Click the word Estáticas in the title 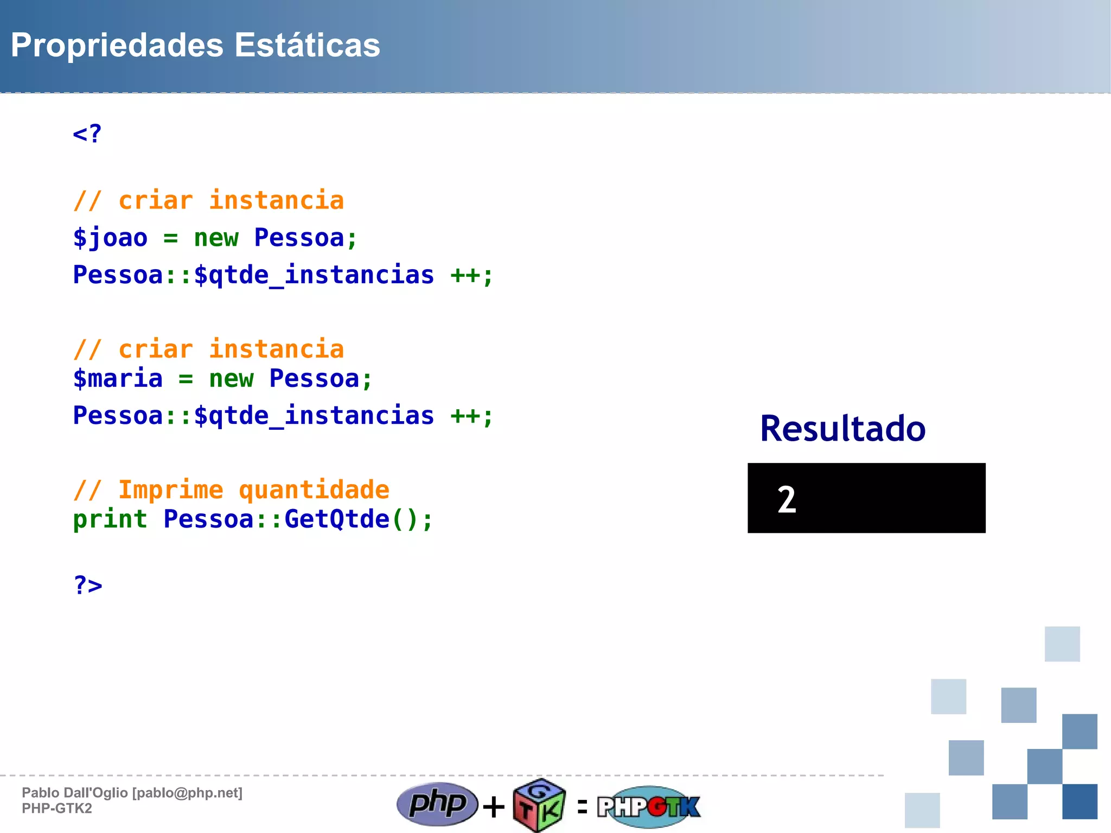tap(307, 45)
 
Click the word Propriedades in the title tap(117, 45)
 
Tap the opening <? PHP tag tap(87, 133)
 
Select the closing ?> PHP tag tap(88, 585)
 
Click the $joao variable tap(110, 238)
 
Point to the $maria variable tap(118, 379)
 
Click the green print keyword tap(110, 519)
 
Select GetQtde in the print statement tap(337, 519)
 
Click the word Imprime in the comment tap(170, 490)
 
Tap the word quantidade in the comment tap(314, 490)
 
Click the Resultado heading tap(842, 429)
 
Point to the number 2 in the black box tap(787, 499)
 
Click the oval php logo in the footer tap(437, 804)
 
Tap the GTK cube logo tap(539, 806)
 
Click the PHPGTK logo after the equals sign tap(649, 806)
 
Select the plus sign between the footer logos tap(494, 806)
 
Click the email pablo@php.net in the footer tap(188, 793)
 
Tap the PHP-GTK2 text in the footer tap(57, 809)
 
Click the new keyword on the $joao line tap(216, 238)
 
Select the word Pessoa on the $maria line tap(314, 379)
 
